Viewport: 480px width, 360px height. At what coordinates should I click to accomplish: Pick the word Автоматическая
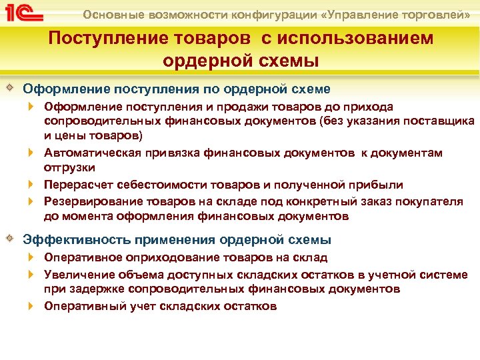(x=86, y=153)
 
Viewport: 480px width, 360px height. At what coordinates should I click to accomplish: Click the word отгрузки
(x=69, y=167)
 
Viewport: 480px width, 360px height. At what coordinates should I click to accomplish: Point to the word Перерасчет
(x=75, y=185)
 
